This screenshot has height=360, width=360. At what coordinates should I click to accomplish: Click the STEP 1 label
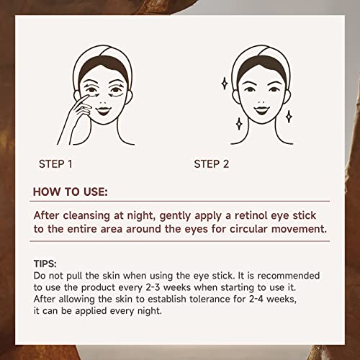point(55,164)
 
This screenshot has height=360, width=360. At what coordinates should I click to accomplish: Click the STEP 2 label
point(212,164)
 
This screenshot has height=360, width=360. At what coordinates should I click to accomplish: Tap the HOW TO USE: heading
point(71,192)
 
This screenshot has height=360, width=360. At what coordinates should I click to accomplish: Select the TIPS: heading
point(45,264)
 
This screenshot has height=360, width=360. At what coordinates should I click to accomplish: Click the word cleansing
point(86,216)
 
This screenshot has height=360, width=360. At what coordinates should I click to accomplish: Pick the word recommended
point(288,276)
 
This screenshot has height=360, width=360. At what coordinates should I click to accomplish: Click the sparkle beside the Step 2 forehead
point(225,84)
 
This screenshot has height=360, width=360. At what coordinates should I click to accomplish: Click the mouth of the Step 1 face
point(103,111)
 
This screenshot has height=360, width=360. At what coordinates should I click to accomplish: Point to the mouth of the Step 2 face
point(261,110)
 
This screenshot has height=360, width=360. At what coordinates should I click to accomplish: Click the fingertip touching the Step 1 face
point(86,96)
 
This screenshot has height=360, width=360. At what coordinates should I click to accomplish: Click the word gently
point(175,216)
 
